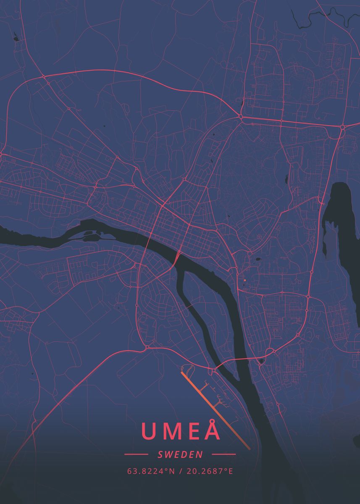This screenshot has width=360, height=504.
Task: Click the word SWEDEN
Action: pos(180,454)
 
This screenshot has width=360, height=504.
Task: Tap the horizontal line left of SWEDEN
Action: pos(136,454)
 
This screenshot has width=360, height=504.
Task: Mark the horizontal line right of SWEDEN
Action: pos(223,454)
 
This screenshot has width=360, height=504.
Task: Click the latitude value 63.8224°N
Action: pos(151,471)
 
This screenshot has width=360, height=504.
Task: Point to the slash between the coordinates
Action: pos(180,471)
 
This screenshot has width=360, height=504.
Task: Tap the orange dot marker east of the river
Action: pos(244,280)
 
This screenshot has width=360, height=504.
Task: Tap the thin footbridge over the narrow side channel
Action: pos(191,307)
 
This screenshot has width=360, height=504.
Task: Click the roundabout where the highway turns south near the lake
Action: pos(342,126)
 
